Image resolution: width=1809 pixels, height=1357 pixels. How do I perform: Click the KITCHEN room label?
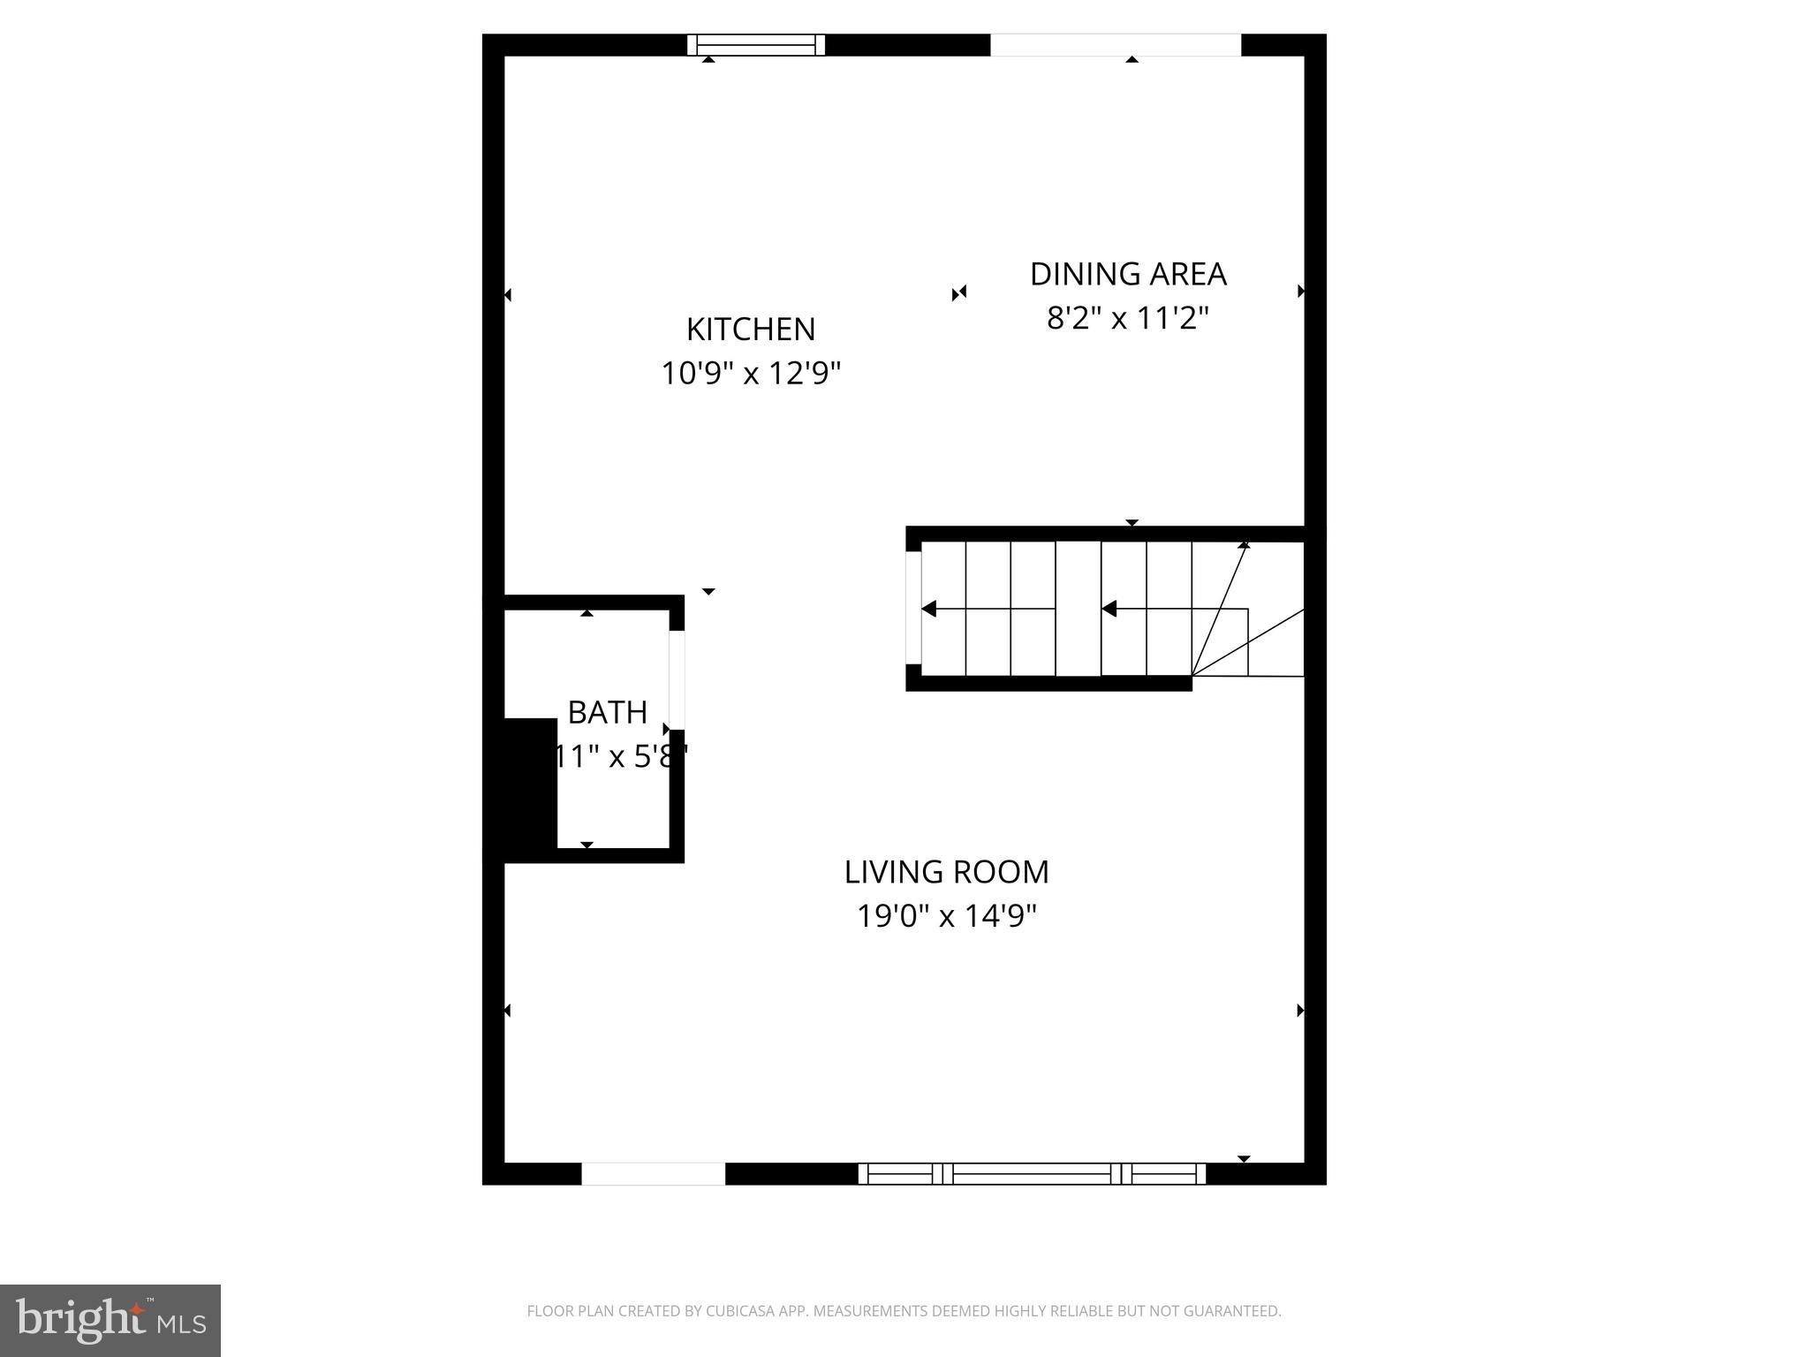(x=751, y=330)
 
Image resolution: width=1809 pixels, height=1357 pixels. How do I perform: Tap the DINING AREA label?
(x=1128, y=274)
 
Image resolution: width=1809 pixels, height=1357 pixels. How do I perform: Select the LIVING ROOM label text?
(x=946, y=872)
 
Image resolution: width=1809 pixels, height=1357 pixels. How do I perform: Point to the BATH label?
(x=608, y=712)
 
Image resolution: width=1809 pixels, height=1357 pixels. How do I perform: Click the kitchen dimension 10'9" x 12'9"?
(x=751, y=374)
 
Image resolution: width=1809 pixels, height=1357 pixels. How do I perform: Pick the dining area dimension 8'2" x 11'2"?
(x=1127, y=318)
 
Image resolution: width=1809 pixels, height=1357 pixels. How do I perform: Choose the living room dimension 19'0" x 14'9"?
(x=946, y=916)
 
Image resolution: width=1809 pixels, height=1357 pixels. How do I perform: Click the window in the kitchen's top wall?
(x=756, y=45)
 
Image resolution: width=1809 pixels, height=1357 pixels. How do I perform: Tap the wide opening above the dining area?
(x=1115, y=45)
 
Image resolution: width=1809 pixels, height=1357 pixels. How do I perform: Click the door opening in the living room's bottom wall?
(x=653, y=1173)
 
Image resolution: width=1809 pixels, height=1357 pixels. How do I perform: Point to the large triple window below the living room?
(x=1032, y=1173)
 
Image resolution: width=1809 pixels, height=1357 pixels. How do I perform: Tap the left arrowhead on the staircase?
(x=928, y=609)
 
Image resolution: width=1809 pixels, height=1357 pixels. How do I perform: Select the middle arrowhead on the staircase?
(x=1109, y=609)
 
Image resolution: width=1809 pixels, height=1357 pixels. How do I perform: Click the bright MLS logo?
(x=110, y=1320)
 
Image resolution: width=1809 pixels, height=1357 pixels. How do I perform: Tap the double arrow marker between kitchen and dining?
(x=959, y=292)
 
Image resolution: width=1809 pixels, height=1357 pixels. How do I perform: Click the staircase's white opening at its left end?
(x=913, y=608)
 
